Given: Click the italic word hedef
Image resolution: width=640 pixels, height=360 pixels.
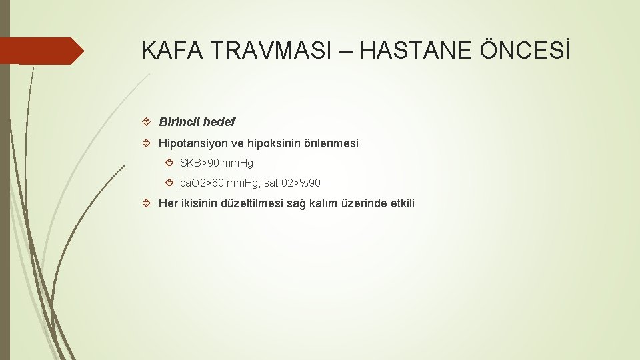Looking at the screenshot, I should [x=219, y=122].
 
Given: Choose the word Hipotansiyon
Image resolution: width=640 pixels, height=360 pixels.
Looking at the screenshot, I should [x=190, y=143].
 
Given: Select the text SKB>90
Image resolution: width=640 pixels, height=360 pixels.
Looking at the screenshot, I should [x=198, y=163].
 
